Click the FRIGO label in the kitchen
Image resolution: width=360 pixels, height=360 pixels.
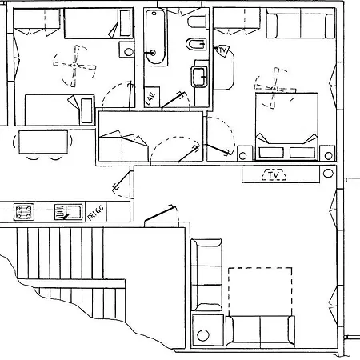coord(95,212)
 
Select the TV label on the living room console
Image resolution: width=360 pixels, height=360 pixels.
coord(274,175)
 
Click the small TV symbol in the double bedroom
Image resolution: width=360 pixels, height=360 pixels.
coord(222,50)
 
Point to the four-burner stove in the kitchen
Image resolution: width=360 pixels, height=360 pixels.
coord(24,212)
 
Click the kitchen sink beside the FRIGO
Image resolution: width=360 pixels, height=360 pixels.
coord(69,212)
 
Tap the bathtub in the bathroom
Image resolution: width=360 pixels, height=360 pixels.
coord(155,37)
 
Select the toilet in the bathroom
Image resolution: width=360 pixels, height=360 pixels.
coord(198,22)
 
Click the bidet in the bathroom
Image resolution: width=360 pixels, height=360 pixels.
coord(196,44)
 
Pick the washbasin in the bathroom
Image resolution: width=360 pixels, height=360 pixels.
coord(199,77)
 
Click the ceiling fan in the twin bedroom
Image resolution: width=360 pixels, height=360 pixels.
coord(74,66)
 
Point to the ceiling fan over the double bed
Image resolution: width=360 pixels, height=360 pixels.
coord(274,88)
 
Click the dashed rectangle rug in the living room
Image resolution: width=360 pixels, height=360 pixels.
coord(260,292)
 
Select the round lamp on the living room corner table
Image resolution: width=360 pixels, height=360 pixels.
coord(203,335)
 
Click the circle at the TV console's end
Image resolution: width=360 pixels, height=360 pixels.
coord(328,173)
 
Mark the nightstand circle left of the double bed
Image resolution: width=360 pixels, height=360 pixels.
coord(242,156)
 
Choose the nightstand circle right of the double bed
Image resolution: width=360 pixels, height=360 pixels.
coord(329,155)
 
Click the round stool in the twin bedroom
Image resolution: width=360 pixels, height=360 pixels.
coord(129,51)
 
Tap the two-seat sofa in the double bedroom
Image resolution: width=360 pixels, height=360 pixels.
coord(301,23)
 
